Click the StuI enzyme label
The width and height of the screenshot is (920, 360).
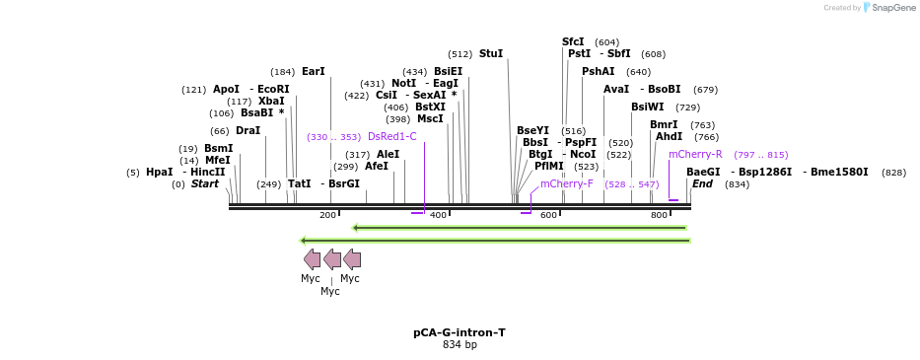pyautogui.click(x=490, y=54)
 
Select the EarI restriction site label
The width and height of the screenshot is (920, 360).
pyautogui.click(x=313, y=72)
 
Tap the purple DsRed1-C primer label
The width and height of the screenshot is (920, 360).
pyautogui.click(x=391, y=137)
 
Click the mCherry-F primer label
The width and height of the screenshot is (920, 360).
pyautogui.click(x=566, y=184)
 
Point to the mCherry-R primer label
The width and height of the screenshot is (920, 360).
pyautogui.click(x=695, y=155)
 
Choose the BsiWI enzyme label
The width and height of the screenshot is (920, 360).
pyautogui.click(x=647, y=108)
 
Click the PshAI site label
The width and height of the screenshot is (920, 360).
pyautogui.click(x=598, y=72)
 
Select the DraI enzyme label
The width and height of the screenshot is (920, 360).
pyautogui.click(x=248, y=131)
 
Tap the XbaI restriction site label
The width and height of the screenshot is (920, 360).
pyautogui.click(x=271, y=102)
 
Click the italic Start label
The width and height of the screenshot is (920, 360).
pyautogui.click(x=204, y=184)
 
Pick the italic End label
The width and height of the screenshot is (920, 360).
pyautogui.click(x=702, y=184)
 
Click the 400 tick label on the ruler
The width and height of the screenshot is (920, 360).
pyautogui.click(x=438, y=215)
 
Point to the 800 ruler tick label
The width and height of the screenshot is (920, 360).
pyautogui.click(x=659, y=215)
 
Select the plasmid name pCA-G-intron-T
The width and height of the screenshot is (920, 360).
pyautogui.click(x=460, y=332)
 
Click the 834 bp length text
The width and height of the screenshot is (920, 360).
pyautogui.click(x=460, y=345)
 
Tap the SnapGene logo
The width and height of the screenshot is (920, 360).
pyautogui.click(x=888, y=8)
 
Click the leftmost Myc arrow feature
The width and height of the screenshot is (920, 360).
pyautogui.click(x=312, y=259)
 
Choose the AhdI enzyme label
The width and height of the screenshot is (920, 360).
pyautogui.click(x=669, y=137)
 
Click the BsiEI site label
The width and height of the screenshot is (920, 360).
pyautogui.click(x=448, y=72)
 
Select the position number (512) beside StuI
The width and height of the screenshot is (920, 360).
pyautogui.click(x=460, y=54)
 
